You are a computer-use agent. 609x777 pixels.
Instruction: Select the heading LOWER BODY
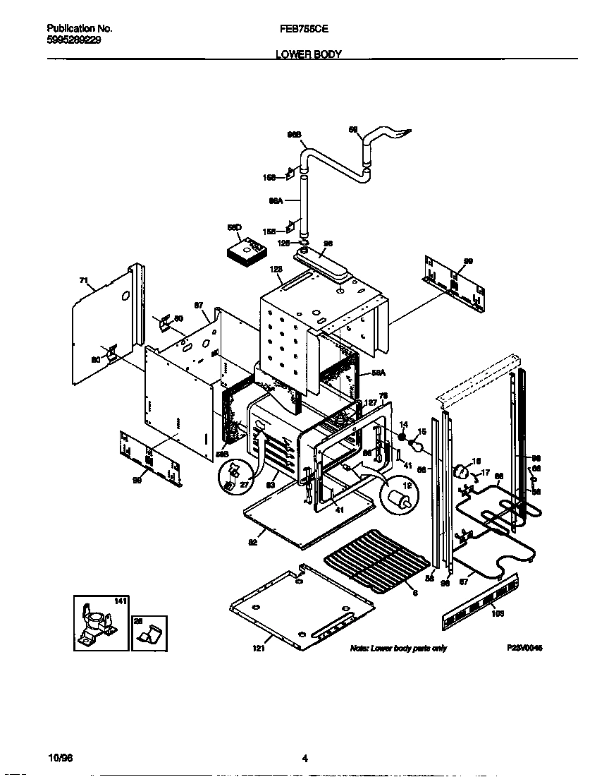tap(304, 54)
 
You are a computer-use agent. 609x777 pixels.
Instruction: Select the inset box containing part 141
tap(101, 622)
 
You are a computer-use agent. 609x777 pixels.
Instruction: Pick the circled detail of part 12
tap(398, 498)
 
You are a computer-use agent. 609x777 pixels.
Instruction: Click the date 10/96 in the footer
tap(60, 758)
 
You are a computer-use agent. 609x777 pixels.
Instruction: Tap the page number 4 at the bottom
tap(304, 759)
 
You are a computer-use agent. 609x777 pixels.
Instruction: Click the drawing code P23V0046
tap(524, 648)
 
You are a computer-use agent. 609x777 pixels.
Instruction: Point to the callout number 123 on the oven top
tap(276, 269)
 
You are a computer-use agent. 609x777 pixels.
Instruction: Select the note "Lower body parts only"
tap(398, 648)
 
